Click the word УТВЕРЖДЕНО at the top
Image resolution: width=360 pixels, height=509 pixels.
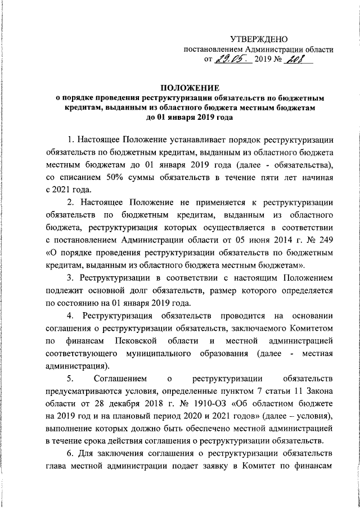259,39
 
